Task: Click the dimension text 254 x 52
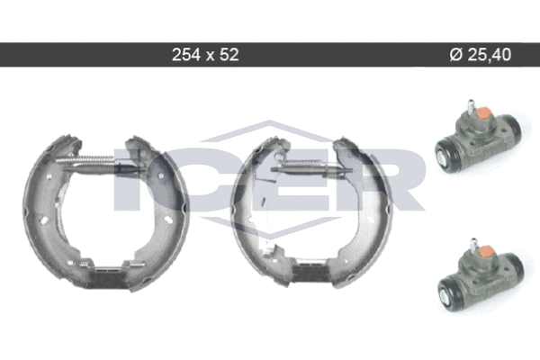point(205,54)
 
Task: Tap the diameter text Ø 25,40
point(481,54)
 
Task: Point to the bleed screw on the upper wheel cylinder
point(471,105)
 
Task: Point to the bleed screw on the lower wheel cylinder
point(474,244)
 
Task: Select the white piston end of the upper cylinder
point(442,157)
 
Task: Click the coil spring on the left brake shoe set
point(85,158)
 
